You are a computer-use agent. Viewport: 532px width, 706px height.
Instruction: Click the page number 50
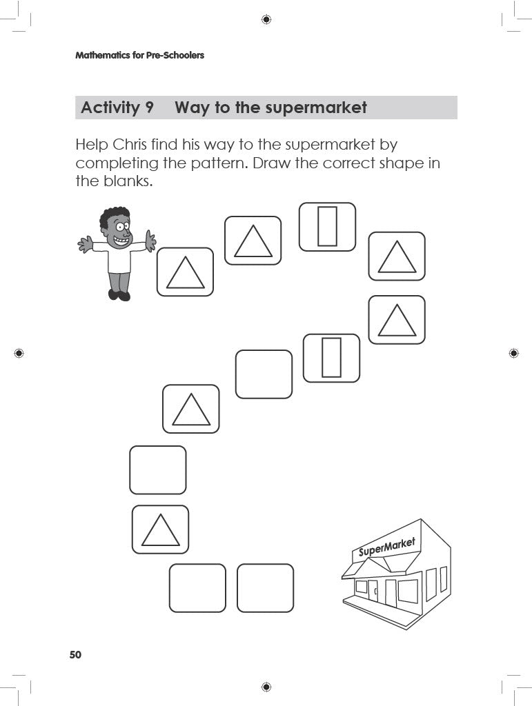pos(75,654)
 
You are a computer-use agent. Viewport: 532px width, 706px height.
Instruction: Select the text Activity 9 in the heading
pos(117,108)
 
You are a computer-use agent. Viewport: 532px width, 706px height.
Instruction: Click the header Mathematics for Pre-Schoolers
pos(139,55)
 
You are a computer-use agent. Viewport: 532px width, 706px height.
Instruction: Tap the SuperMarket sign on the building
pos(386,548)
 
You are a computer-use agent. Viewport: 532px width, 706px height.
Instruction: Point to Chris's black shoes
pos(119,295)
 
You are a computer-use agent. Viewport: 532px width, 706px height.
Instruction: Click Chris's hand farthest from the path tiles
pos(84,243)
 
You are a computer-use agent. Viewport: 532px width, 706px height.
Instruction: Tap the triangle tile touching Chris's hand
pos(185,272)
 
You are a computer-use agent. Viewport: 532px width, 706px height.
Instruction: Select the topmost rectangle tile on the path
pos(327,226)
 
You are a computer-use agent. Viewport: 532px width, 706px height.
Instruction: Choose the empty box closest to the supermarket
pos(265,587)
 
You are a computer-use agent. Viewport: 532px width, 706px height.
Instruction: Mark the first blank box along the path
pos(264,374)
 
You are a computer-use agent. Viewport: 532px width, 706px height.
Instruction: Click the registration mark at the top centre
pos(266,19)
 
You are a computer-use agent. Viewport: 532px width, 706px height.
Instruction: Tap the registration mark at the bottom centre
pos(266,687)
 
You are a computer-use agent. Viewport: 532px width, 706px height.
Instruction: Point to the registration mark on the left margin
pos(19,353)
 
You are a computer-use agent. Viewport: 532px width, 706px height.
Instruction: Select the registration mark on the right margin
pos(513,353)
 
